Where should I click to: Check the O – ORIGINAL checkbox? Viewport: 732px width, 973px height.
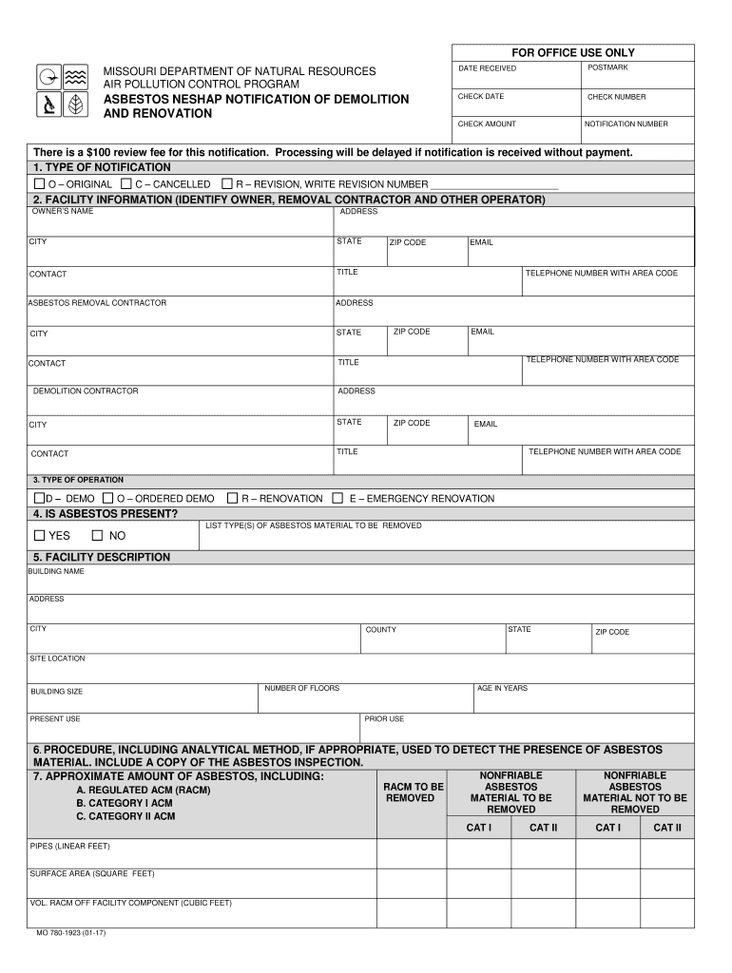point(39,183)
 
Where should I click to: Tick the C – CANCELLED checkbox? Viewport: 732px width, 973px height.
point(126,183)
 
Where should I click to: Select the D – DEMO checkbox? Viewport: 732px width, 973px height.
point(39,498)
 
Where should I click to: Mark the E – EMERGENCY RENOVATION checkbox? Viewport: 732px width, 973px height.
point(339,498)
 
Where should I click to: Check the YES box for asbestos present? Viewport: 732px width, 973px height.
point(40,535)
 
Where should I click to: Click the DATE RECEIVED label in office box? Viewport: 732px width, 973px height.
point(487,68)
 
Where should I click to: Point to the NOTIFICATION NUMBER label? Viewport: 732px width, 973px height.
point(626,124)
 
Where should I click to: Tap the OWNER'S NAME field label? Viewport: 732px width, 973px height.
point(62,211)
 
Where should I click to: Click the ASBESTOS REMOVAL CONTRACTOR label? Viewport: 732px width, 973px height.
point(97,303)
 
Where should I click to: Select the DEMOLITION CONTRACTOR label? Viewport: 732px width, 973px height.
point(86,391)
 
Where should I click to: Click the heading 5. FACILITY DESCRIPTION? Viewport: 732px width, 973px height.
point(102,557)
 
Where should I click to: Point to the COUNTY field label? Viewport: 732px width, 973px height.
point(381,630)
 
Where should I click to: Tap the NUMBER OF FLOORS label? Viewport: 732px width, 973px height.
point(301,688)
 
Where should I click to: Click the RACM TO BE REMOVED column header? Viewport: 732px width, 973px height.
point(413,792)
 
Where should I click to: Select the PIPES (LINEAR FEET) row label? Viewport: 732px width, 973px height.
point(70,845)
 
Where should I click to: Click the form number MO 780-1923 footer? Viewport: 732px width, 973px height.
point(71,933)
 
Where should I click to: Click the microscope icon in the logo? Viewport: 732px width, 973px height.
point(47,105)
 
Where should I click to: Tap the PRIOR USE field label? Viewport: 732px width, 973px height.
point(385,719)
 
